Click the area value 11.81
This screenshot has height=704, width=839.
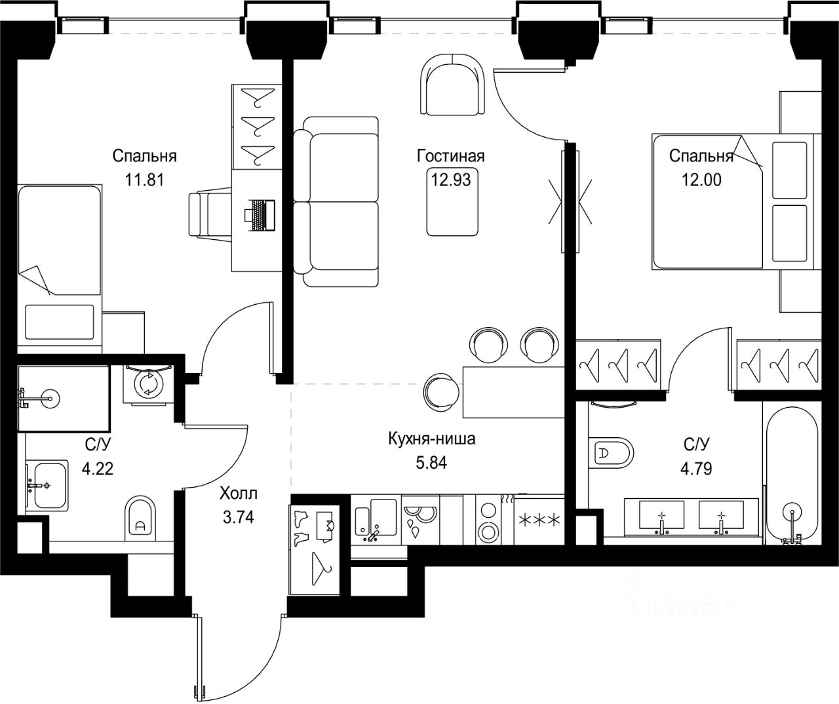(145, 180)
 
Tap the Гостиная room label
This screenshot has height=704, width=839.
(450, 156)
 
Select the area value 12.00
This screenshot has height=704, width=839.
(701, 180)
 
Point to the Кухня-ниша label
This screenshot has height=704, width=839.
(431, 439)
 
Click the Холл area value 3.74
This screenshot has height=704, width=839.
(239, 517)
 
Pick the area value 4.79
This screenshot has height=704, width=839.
(696, 469)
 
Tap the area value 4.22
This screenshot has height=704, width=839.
(98, 469)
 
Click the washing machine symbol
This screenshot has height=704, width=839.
(148, 385)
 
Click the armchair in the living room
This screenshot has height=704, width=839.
(452, 84)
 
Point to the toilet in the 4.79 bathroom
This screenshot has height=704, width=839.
(610, 453)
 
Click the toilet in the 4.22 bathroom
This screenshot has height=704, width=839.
(140, 518)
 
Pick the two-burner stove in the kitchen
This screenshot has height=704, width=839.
(488, 520)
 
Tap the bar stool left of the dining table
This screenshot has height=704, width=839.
(440, 391)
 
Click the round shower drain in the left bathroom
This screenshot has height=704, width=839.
(50, 399)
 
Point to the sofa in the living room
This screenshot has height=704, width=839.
(336, 202)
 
